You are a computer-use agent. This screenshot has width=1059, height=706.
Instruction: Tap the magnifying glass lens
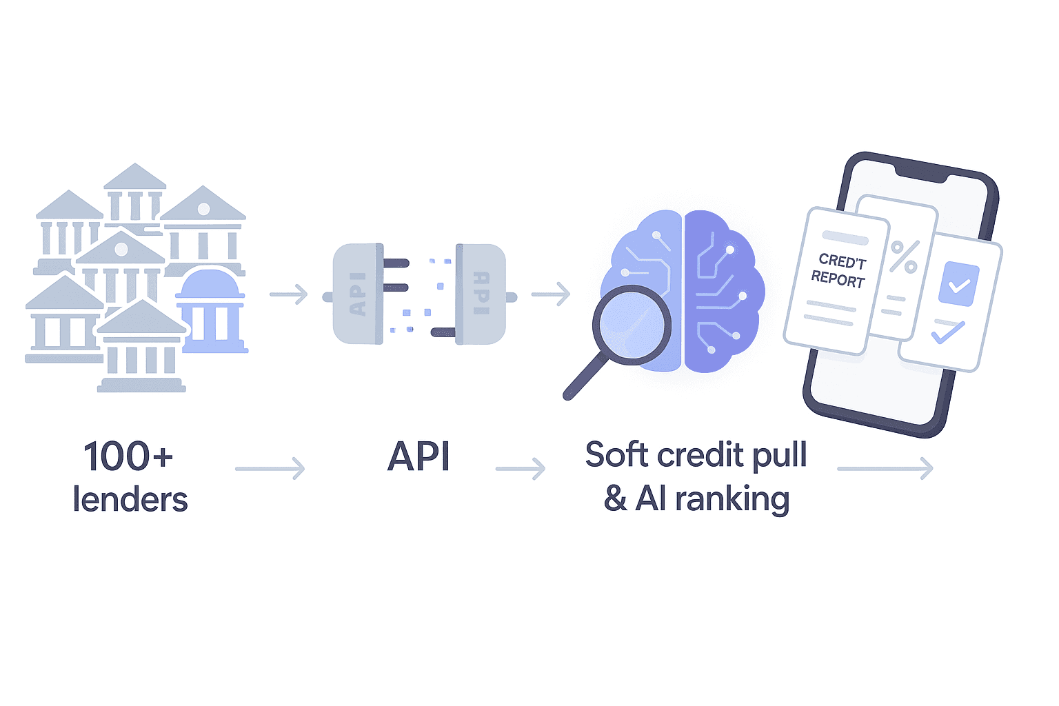click(x=631, y=325)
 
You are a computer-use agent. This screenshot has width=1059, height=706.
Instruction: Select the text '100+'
click(x=128, y=456)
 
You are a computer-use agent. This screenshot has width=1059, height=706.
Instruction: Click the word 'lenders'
click(x=130, y=500)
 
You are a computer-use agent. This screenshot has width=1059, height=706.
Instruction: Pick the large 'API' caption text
click(x=418, y=456)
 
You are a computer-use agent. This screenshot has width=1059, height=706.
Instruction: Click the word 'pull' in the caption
click(x=779, y=455)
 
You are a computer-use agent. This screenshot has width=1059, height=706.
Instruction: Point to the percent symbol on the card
click(x=904, y=256)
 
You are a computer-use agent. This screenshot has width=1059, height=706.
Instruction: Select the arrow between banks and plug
click(x=288, y=294)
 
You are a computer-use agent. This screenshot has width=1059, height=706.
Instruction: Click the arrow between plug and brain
click(x=551, y=294)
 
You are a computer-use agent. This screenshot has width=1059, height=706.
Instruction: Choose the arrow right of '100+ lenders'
click(x=270, y=469)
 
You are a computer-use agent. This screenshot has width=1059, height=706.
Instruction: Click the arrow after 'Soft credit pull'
click(x=885, y=469)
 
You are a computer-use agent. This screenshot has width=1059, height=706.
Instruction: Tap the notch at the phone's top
click(x=920, y=173)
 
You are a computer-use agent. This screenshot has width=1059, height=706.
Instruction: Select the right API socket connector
click(x=481, y=294)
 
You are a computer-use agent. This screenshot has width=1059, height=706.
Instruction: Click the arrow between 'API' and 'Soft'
click(x=521, y=469)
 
